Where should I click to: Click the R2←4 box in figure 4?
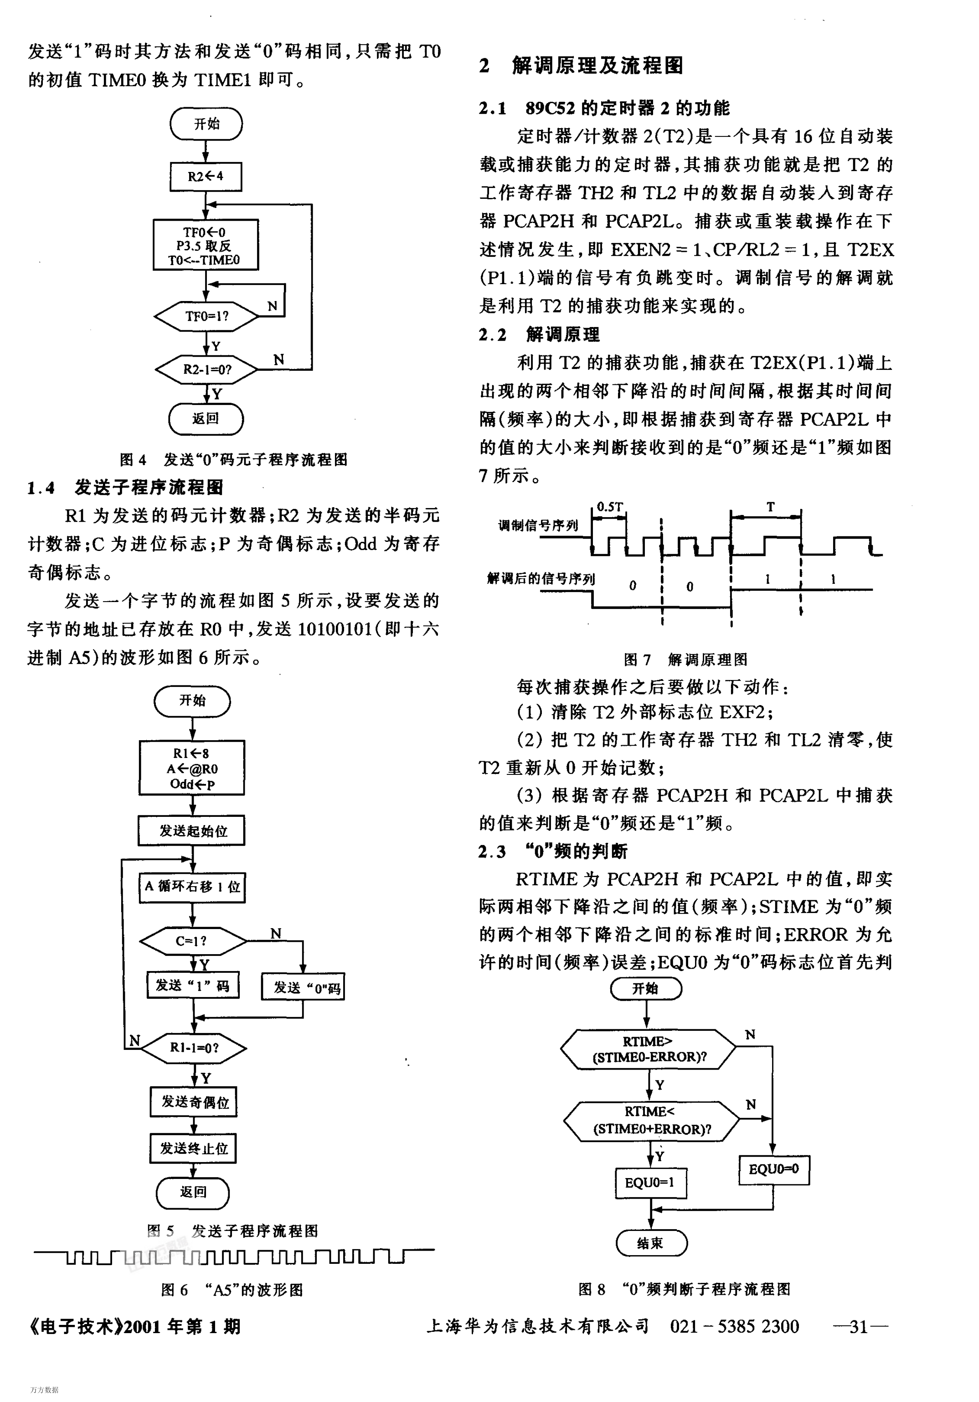coord(206,177)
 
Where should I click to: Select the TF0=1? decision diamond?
coord(206,316)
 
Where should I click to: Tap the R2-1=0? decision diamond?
coord(206,369)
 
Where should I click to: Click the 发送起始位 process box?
coord(192,830)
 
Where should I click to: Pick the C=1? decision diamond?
coord(192,941)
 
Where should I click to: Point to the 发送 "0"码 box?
coord(303,987)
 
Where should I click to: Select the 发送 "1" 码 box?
coord(193,985)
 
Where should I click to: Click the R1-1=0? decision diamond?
coord(194,1048)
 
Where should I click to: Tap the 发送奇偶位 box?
coord(194,1101)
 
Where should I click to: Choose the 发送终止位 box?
coord(194,1148)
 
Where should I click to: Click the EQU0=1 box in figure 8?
coord(651,1183)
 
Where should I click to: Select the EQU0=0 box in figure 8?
coord(774,1170)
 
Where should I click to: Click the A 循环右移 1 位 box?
coord(192,887)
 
